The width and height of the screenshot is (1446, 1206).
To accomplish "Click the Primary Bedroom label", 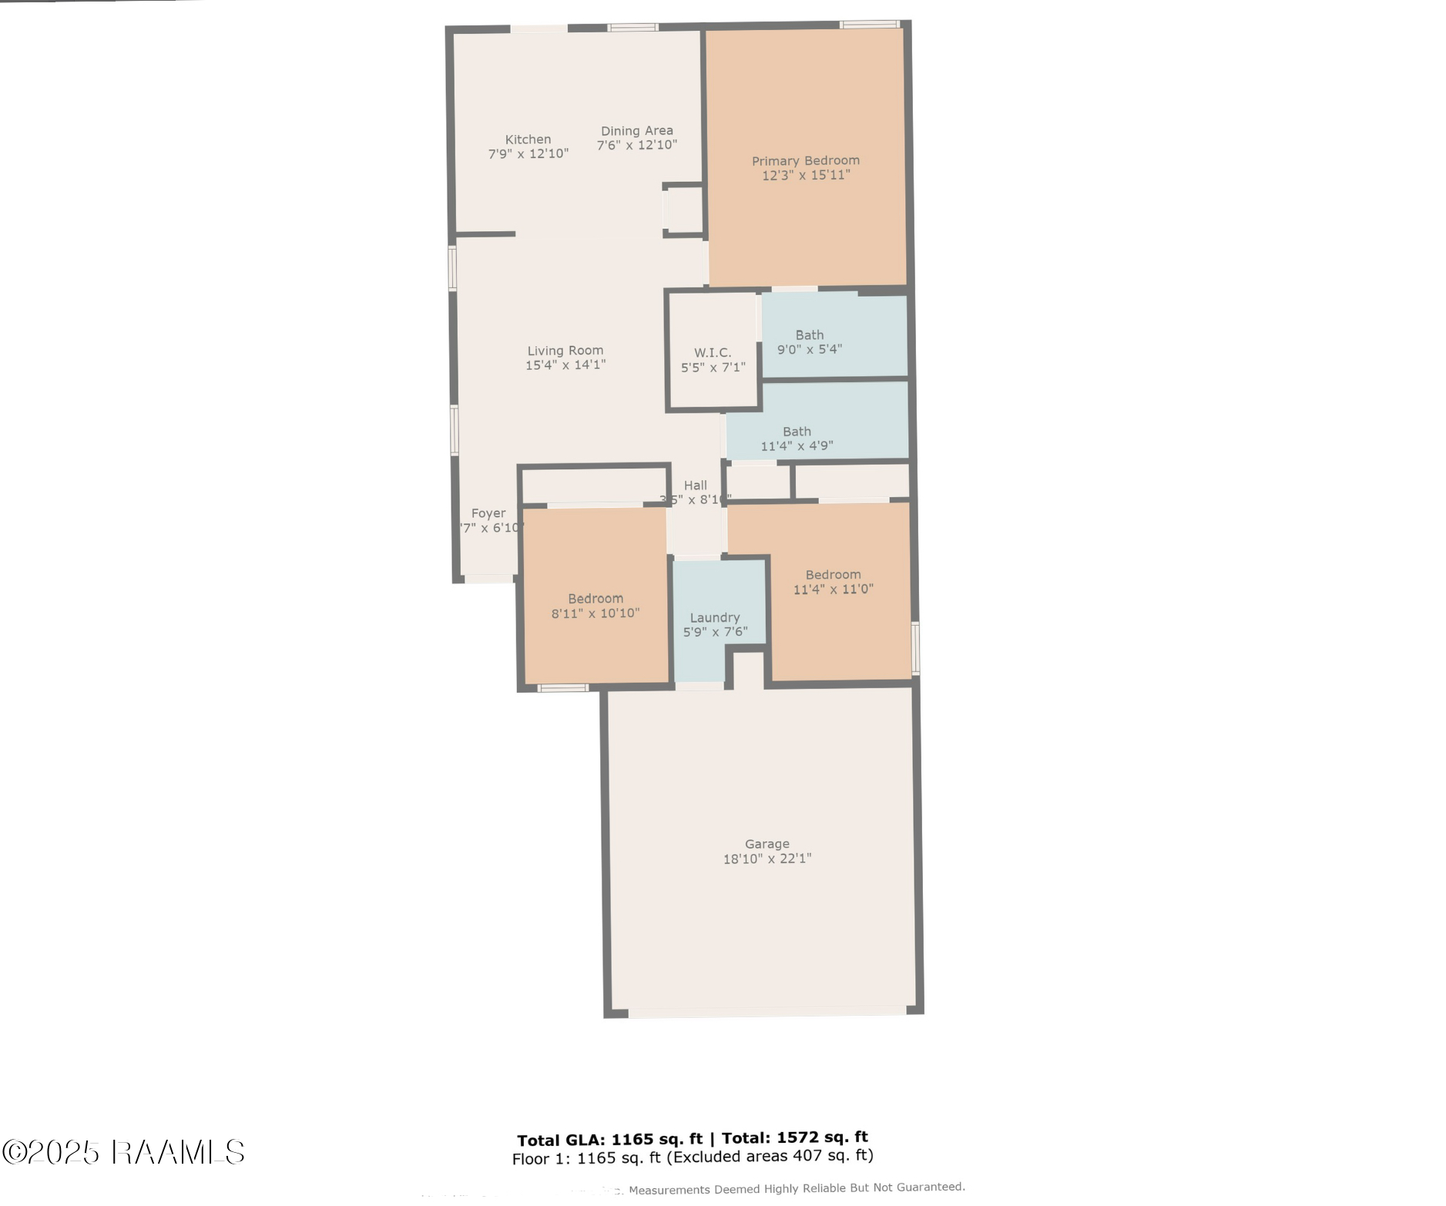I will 805,160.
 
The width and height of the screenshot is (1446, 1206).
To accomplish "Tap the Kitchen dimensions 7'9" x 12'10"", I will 528,154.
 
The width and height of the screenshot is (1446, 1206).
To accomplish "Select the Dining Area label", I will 636,130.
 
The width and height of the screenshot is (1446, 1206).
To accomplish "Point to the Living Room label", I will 565,350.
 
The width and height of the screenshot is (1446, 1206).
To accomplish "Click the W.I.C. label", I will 712,352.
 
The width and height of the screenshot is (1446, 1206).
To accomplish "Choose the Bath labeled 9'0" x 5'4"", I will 809,341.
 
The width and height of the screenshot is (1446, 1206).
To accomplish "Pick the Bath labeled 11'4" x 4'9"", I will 797,438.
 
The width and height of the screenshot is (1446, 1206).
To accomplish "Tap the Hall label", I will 695,485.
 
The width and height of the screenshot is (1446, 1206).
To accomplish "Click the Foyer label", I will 488,512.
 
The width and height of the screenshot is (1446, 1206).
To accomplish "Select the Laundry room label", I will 714,617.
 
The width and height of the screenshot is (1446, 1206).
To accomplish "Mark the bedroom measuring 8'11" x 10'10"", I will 595,606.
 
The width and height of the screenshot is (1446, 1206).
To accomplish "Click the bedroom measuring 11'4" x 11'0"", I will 833,582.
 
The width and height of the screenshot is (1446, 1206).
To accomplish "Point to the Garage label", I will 767,844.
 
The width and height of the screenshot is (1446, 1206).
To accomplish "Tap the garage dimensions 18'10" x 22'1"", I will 767,858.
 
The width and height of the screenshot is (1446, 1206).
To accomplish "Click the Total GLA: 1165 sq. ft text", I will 609,1140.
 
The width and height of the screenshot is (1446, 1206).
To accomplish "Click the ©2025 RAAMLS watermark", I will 123,1152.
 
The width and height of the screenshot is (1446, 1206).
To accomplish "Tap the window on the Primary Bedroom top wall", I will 868,25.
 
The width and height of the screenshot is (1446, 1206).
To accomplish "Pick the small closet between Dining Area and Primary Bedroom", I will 683,210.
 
